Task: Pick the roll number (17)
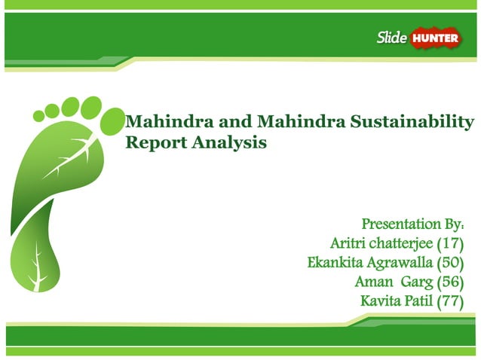pyautogui.click(x=449, y=243)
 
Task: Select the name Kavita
pyautogui.click(x=382, y=301)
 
